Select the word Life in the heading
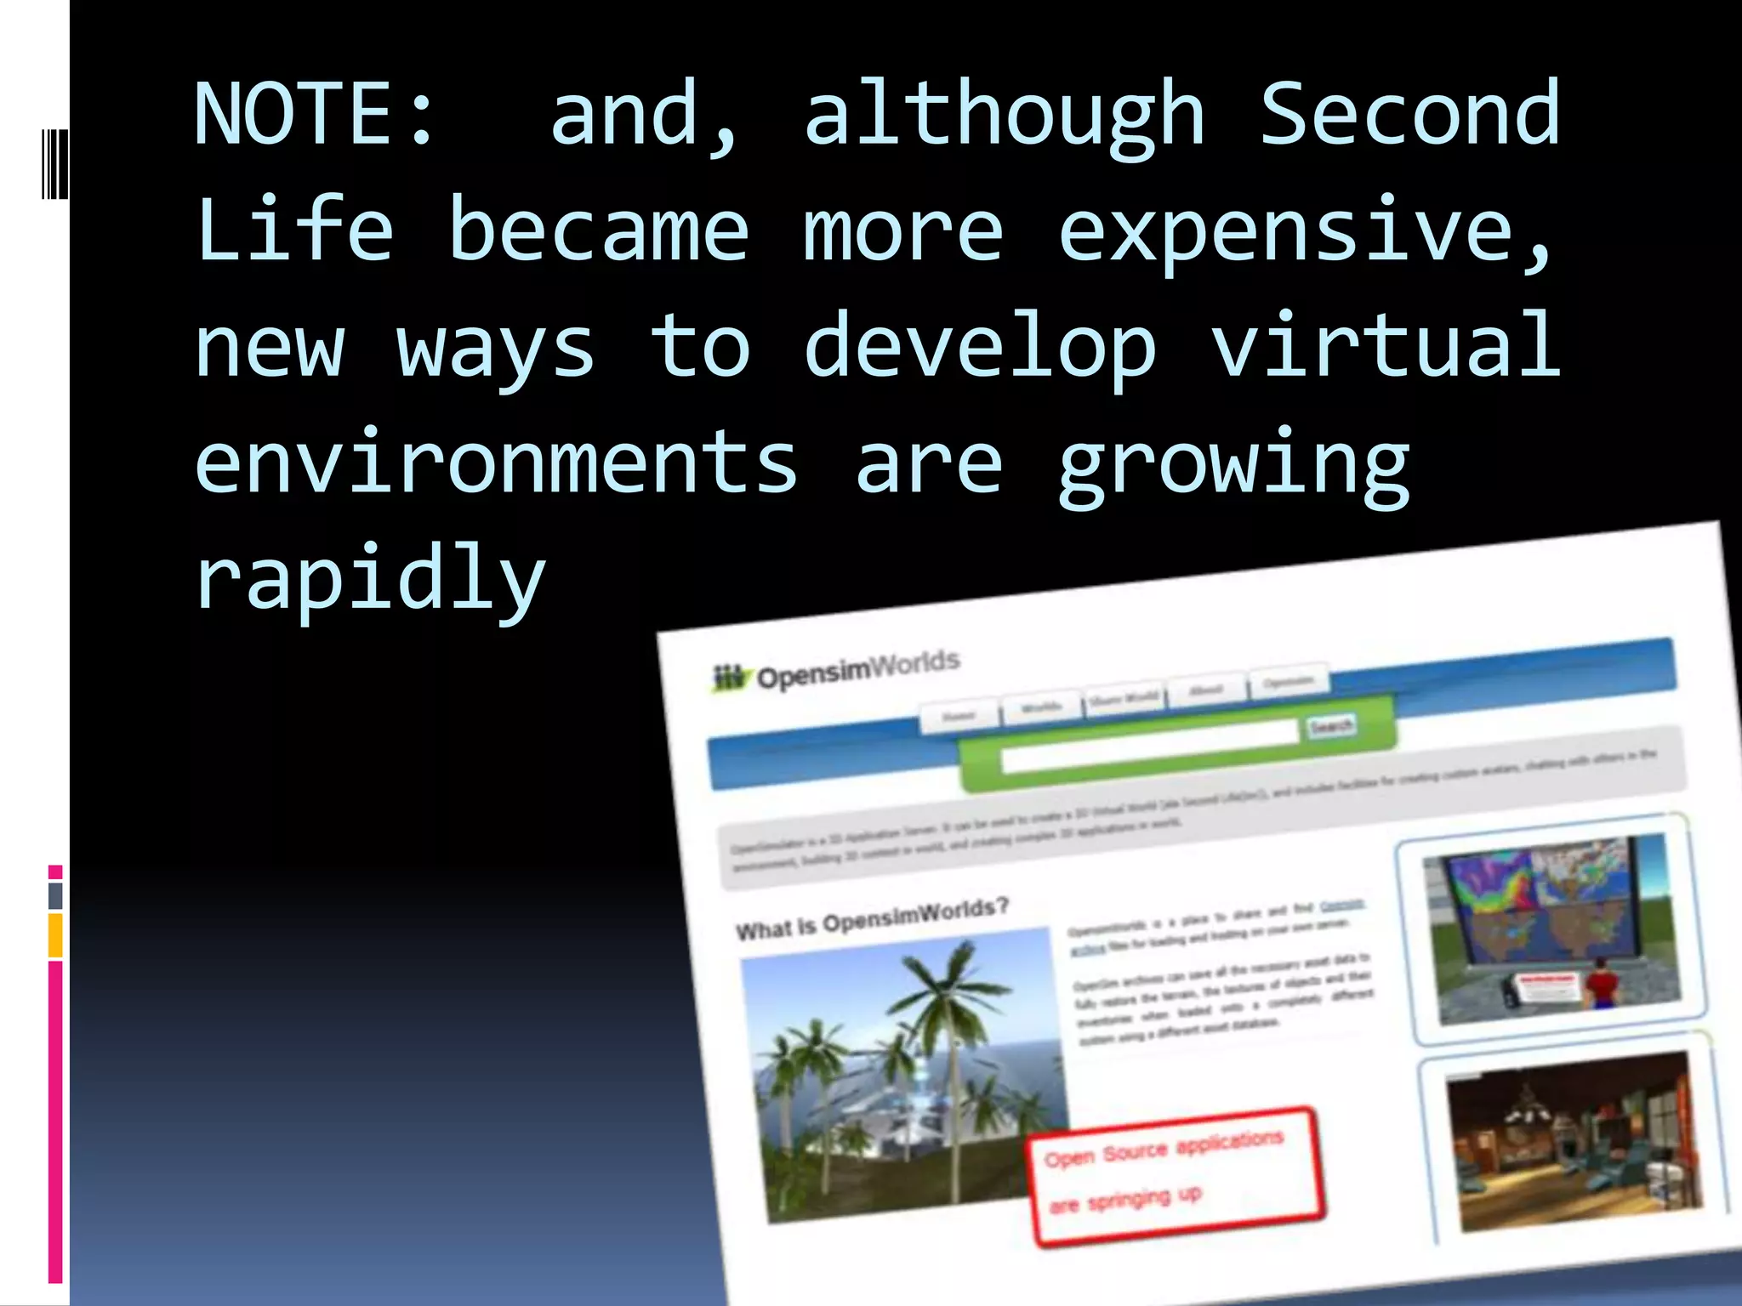[294, 230]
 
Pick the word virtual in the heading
[1386, 345]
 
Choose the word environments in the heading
[496, 463]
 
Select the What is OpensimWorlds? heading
[872, 918]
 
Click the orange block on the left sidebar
[55, 935]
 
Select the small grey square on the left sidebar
[55, 895]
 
